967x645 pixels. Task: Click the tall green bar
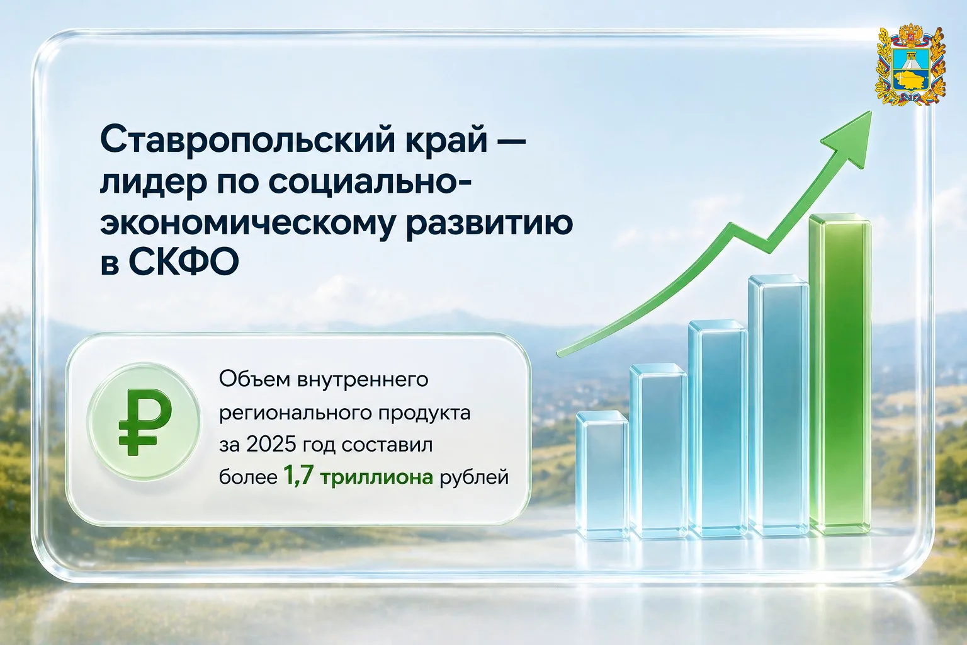point(840,374)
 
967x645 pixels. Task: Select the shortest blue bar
point(602,474)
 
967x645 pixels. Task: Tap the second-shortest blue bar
point(659,450)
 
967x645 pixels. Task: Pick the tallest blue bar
point(778,404)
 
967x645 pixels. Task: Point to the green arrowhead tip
point(871,111)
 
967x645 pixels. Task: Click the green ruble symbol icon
point(144,421)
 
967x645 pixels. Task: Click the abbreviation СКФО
point(183,262)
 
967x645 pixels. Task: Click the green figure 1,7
point(298,477)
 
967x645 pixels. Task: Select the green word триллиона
point(376,478)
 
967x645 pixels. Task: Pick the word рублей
point(475,478)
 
